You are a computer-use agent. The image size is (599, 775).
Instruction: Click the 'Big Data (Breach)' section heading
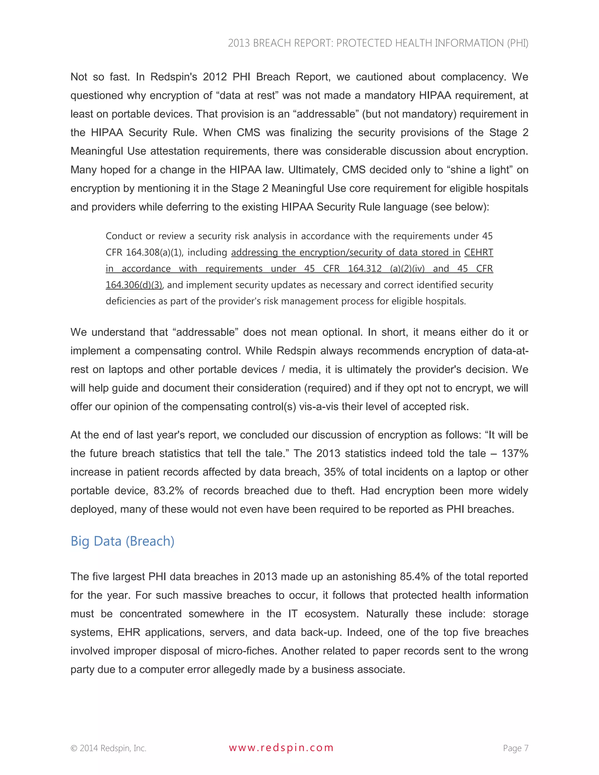tap(123, 541)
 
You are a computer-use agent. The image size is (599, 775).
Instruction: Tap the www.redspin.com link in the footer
tap(281, 748)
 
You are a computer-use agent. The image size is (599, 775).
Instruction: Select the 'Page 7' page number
tap(515, 748)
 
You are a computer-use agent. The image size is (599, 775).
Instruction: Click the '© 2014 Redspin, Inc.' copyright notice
tap(108, 748)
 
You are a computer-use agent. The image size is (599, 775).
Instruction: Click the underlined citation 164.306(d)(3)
tap(134, 285)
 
